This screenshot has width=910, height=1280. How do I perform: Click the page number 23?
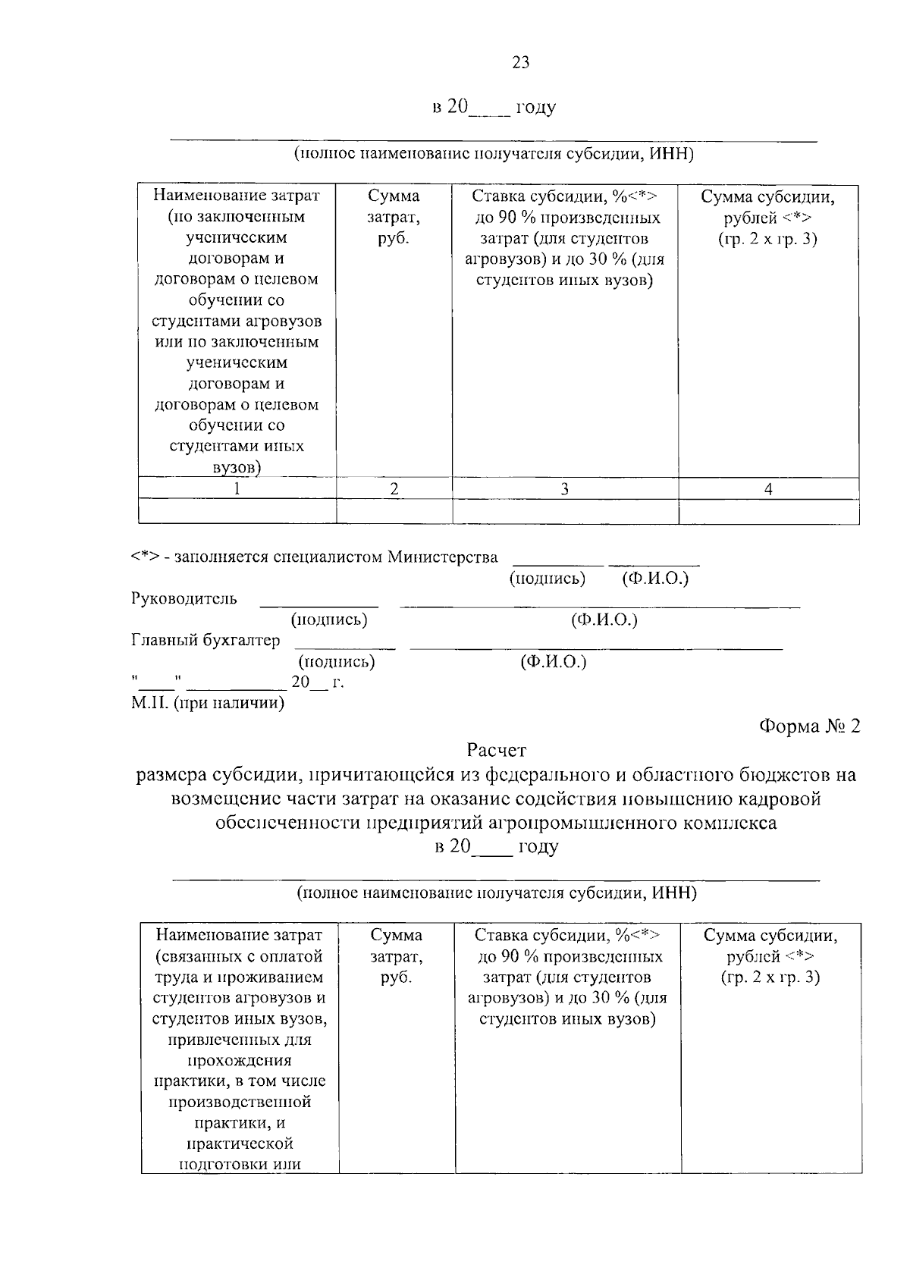point(520,63)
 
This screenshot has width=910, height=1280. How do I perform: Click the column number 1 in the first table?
point(237,490)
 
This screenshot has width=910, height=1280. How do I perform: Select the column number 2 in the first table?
point(394,490)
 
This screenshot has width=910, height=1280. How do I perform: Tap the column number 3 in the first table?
point(564,490)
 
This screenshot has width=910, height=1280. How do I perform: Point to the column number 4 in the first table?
point(768,490)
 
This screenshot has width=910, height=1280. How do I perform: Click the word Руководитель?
point(184,599)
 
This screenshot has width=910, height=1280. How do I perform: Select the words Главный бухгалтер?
point(206,641)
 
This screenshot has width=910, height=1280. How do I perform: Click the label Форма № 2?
point(811,726)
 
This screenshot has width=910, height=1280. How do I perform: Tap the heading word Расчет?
point(496,751)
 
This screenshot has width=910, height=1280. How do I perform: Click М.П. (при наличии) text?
point(209,703)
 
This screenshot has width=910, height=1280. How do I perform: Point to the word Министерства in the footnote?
point(443,557)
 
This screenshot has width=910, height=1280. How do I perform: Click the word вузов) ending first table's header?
point(237,468)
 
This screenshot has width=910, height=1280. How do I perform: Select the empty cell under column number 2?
point(394,512)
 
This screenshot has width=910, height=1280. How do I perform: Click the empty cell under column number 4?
point(768,512)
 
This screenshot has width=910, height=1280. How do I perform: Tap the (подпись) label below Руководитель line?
point(329,620)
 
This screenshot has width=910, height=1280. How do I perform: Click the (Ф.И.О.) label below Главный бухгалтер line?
point(554,662)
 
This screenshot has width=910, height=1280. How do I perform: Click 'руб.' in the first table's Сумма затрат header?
point(393,238)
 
